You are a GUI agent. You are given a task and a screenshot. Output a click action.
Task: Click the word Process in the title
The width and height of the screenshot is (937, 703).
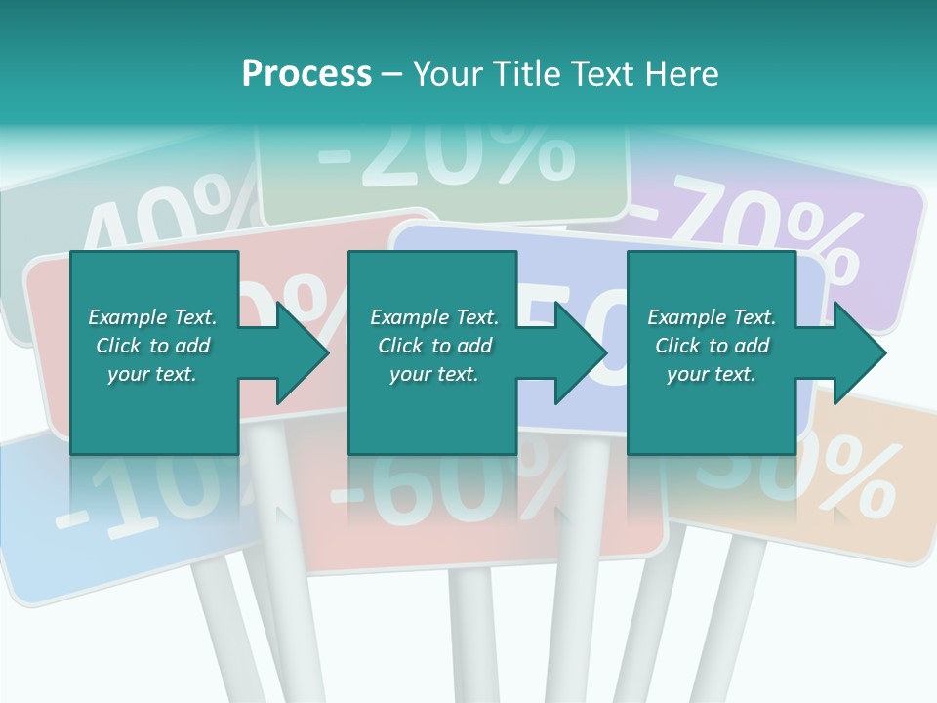(306, 74)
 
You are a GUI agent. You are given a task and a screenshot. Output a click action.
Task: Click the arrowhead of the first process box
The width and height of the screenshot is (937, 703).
(303, 352)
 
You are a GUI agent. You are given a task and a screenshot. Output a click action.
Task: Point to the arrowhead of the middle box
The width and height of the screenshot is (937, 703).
(581, 352)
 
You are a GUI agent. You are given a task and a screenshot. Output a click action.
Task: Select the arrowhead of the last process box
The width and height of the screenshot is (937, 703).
(860, 352)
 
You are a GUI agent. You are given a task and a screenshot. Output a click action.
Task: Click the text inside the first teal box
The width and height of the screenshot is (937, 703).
(152, 346)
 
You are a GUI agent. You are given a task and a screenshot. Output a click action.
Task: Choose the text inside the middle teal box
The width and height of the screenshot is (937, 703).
(433, 346)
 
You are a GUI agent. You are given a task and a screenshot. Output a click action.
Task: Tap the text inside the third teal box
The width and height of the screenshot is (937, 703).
(712, 346)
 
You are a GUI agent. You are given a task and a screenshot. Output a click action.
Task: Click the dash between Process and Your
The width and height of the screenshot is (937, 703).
(392, 74)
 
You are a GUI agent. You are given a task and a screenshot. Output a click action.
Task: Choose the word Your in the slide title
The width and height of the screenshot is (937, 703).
(448, 74)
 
